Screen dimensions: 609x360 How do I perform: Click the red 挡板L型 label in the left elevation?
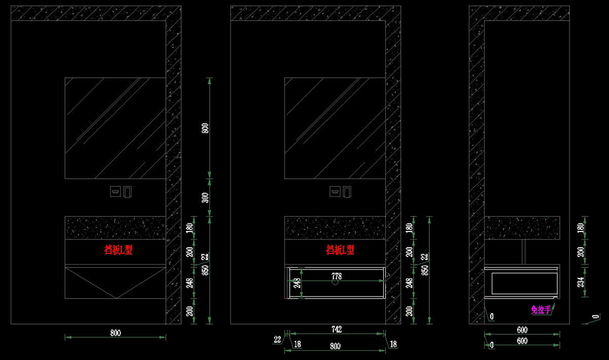tap(118, 250)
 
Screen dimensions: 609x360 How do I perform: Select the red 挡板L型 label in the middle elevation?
tap(340, 250)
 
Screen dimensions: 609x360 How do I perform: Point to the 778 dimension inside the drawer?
tap(336, 277)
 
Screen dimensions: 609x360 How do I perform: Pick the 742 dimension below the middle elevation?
tap(336, 330)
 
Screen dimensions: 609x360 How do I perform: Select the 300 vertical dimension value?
tap(205, 198)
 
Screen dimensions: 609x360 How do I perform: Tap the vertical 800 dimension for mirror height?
tap(205, 128)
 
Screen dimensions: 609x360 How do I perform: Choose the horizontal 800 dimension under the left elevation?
tap(116, 333)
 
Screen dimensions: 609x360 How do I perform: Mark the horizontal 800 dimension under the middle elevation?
tap(335, 346)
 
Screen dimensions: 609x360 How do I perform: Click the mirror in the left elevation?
tap(116, 127)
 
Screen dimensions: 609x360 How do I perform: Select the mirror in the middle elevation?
tap(335, 127)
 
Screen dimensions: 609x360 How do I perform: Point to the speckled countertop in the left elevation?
tap(116, 227)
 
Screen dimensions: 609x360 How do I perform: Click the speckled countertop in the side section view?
tap(523, 227)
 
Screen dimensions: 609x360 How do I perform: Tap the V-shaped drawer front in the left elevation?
tap(116, 282)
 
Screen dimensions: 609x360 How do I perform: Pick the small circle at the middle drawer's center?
tap(335, 283)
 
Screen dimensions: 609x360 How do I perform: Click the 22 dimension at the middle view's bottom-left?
tap(277, 339)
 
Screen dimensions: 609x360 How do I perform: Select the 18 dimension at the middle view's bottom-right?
tap(393, 344)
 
